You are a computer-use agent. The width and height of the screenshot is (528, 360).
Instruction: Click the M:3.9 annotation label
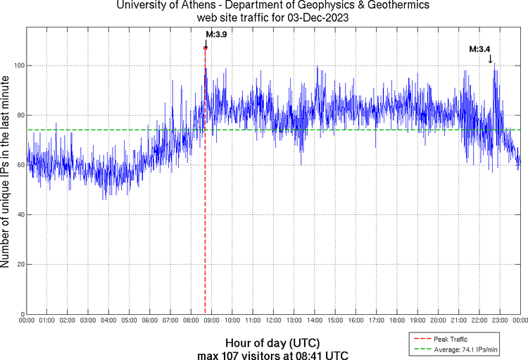(x=216, y=34)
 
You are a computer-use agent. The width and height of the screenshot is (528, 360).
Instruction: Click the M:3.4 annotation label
(x=480, y=49)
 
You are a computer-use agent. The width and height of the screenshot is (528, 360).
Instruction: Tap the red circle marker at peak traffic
(x=205, y=48)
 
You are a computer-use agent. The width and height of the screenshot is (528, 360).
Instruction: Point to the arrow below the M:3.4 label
(x=491, y=59)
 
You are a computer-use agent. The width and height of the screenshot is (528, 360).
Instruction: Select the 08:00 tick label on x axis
(x=190, y=321)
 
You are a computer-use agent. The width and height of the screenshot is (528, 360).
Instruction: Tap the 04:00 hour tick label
(x=108, y=321)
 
